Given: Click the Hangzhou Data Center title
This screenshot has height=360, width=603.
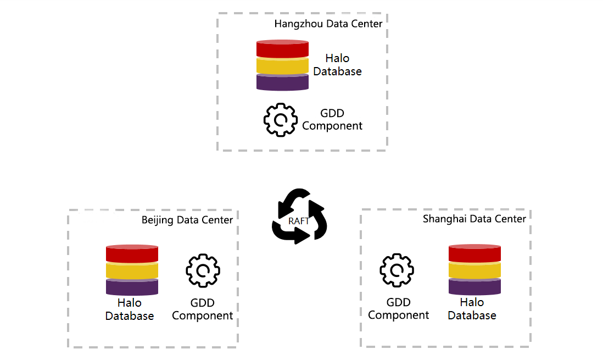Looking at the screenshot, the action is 328,24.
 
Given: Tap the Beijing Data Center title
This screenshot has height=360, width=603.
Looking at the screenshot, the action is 187,220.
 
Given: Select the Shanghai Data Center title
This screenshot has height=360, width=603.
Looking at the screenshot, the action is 474,219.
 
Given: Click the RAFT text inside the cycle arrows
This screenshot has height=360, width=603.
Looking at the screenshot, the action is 299,220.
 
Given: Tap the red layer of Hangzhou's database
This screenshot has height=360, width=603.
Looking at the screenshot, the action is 283,48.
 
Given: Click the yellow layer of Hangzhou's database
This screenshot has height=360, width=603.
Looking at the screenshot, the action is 283,65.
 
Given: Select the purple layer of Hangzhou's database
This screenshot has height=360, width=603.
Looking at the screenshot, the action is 283,82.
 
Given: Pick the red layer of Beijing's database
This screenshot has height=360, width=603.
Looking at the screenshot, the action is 132,254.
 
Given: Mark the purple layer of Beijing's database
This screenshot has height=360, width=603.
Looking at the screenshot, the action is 132,287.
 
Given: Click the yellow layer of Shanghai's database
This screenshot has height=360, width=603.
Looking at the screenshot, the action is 474,270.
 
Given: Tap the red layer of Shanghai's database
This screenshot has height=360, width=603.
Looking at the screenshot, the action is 474,253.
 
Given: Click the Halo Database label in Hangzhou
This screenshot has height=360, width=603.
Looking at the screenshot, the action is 337,65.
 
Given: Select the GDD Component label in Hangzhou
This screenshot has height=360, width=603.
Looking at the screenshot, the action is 332,120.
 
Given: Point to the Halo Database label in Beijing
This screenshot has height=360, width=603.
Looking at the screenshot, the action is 130,309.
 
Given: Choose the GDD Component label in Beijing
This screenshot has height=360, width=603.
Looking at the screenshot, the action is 202,309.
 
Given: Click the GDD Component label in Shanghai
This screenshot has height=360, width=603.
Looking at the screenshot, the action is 398,309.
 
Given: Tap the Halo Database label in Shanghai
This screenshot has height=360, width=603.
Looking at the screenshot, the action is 472,309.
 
